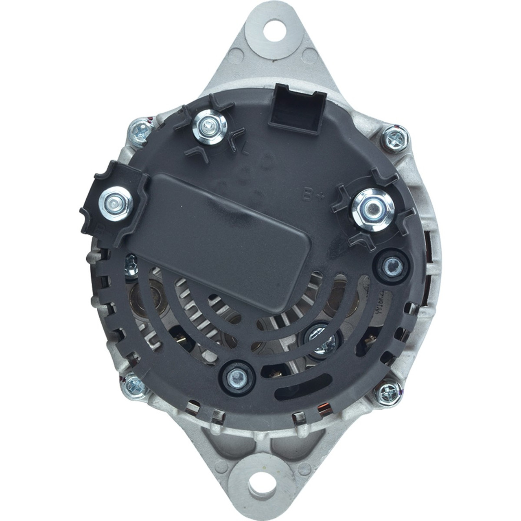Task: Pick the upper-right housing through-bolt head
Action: coord(394,140)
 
